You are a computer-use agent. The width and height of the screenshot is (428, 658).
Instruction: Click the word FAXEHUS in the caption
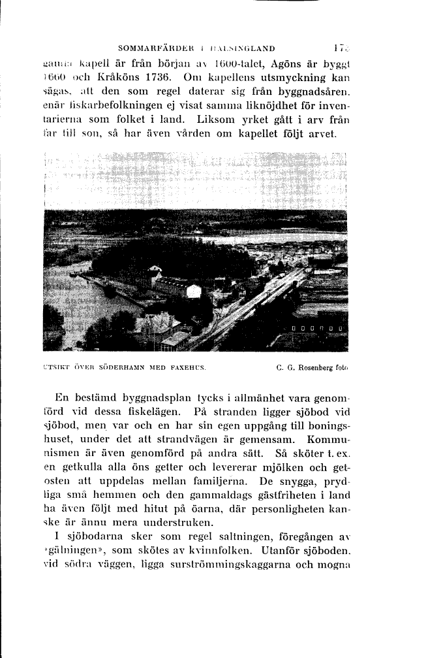[189, 367]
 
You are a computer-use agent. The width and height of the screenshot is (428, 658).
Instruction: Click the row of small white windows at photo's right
[318, 327]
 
